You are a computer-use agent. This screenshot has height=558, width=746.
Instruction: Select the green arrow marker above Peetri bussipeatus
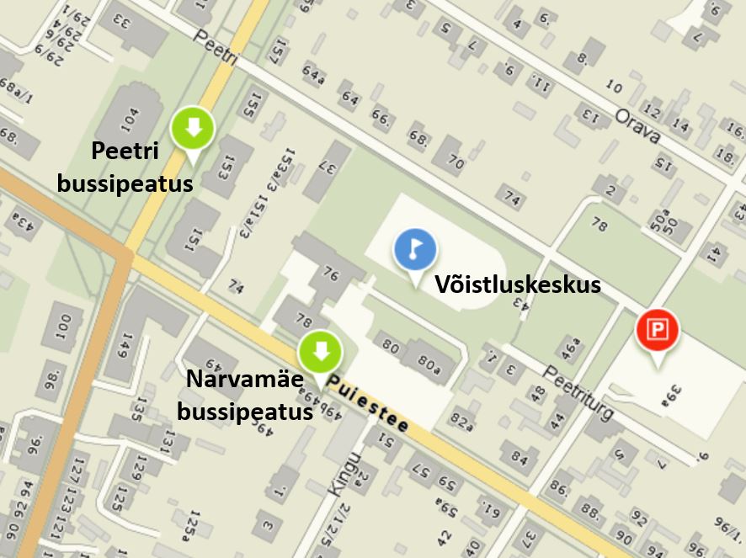point(193,129)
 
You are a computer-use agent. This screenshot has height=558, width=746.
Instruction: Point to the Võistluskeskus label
point(517,284)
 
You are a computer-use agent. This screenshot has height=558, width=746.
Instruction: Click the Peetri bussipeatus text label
point(125,167)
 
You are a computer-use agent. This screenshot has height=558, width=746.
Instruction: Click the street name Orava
point(637,125)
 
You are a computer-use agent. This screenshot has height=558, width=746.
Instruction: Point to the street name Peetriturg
point(578,393)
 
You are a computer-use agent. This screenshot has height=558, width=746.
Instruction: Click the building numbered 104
point(130,119)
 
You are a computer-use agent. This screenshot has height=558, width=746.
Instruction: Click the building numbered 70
point(454,159)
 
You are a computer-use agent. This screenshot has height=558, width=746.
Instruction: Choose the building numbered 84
point(517,456)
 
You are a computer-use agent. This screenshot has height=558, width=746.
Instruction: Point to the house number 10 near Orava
point(614,88)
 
